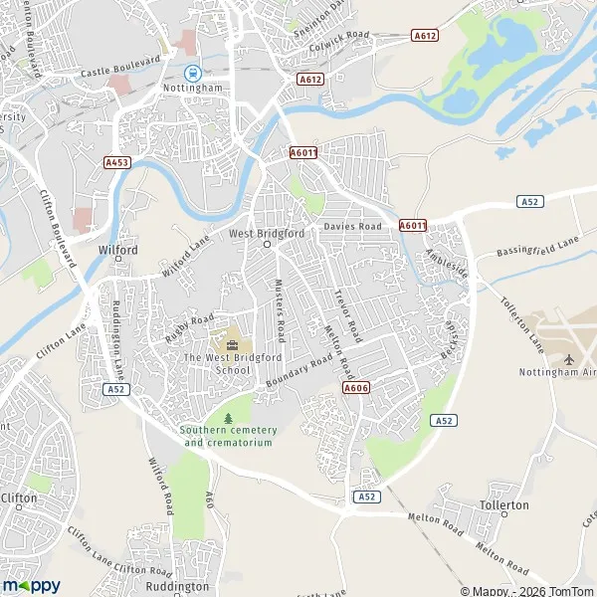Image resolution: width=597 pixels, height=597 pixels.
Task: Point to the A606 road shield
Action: tap(356, 387)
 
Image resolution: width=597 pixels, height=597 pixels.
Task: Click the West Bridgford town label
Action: tap(266, 234)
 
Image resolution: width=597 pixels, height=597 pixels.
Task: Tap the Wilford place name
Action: tap(117, 251)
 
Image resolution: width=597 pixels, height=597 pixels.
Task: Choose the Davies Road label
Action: tap(352, 227)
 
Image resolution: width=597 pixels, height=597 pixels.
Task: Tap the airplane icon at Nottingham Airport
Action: tap(568, 358)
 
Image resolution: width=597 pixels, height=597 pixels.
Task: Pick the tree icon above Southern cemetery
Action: tap(228, 417)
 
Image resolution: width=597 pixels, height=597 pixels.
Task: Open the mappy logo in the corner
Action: tap(31, 585)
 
